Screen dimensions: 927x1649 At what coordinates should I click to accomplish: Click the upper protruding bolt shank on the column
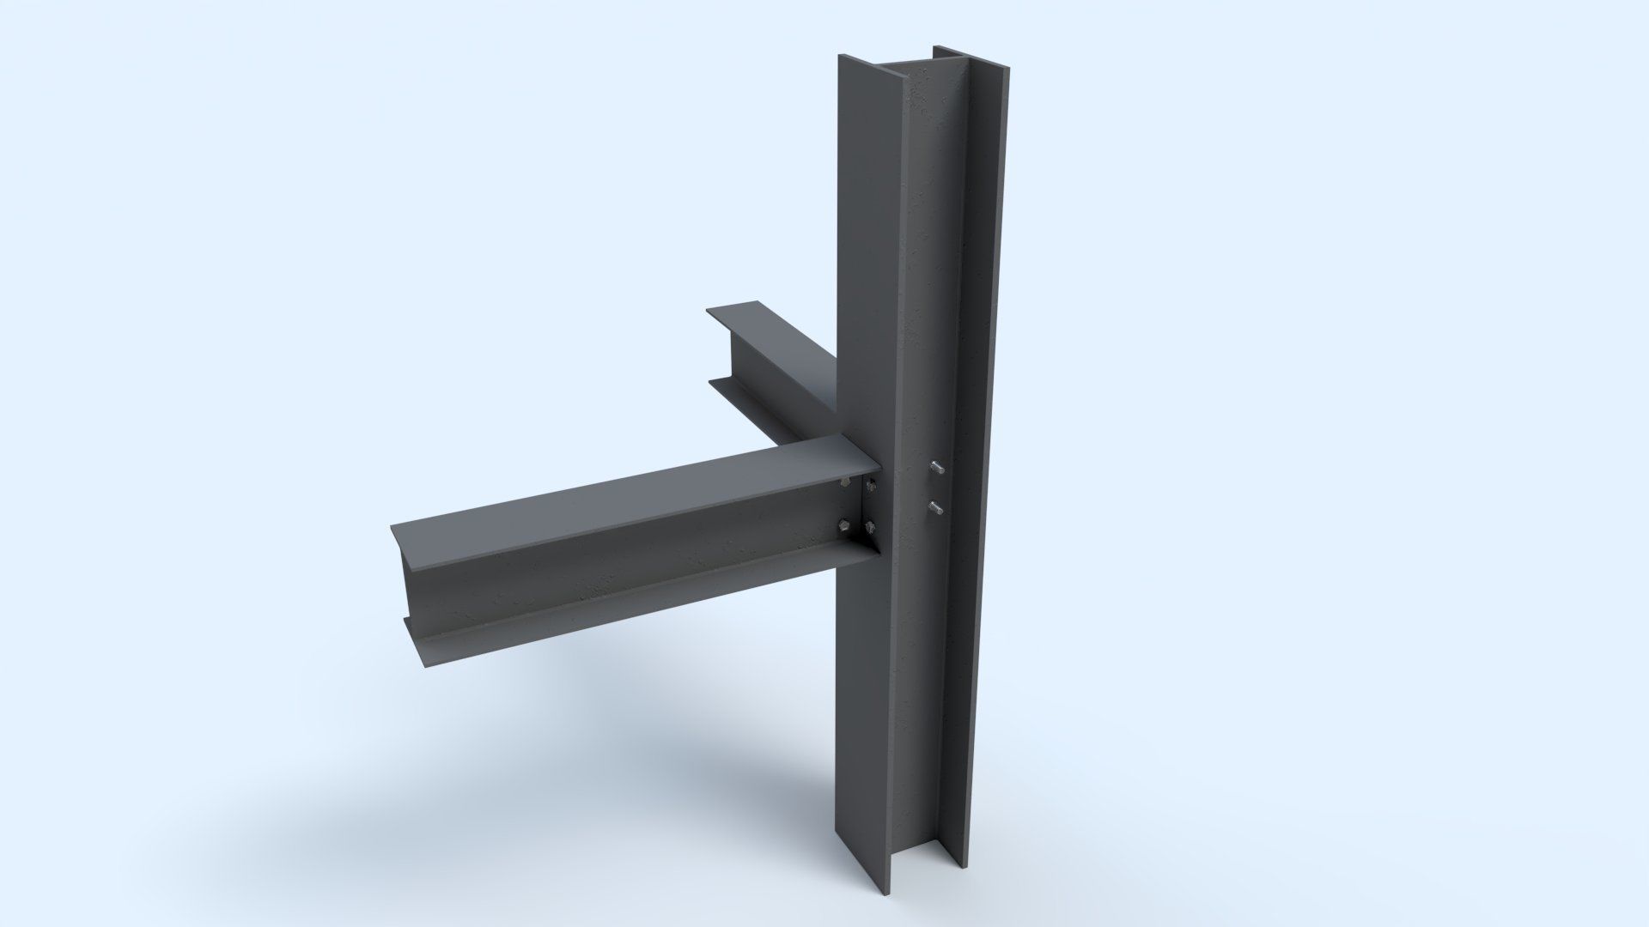(x=937, y=468)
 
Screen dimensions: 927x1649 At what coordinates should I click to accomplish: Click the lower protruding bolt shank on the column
(x=936, y=509)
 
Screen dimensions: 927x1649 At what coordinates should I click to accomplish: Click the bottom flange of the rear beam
(x=756, y=403)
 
